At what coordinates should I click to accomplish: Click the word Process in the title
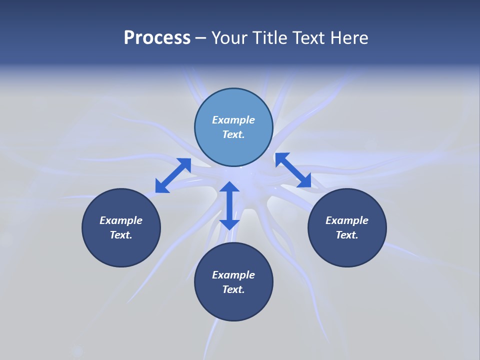157,38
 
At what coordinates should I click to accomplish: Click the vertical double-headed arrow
229,205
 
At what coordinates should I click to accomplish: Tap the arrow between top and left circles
173,175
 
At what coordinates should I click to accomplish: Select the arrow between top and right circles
293,170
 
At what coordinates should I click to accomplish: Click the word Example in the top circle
233,120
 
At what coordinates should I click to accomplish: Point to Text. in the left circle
121,235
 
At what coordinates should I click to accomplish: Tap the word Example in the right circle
347,220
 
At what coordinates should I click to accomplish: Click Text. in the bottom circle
233,289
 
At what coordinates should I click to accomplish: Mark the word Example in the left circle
121,220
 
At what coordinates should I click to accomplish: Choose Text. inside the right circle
347,235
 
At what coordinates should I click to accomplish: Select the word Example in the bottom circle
233,275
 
